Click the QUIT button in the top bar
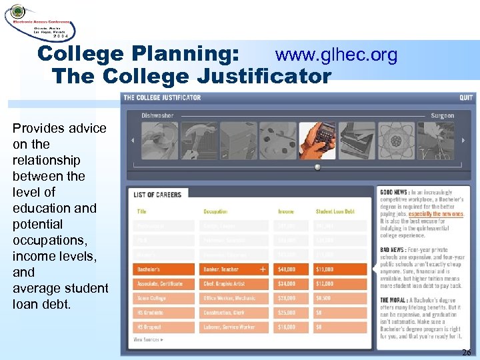[x=465, y=97]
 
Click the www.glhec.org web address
[x=336, y=55]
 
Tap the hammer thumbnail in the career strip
[x=198, y=140]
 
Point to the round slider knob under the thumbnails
[x=317, y=167]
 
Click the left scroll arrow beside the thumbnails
[x=132, y=140]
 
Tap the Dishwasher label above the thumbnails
[x=157, y=115]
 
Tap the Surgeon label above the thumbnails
[x=442, y=115]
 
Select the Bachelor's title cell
[x=163, y=269]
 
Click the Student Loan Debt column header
[x=335, y=211]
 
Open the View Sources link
[x=149, y=340]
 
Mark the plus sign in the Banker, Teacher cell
[x=263, y=269]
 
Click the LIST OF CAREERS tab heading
[x=157, y=194]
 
